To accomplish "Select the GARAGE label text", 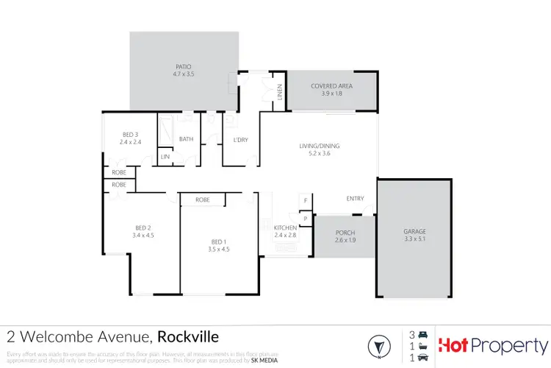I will click(414, 231).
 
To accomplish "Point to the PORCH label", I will click(345, 232).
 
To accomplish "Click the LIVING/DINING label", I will click(319, 146).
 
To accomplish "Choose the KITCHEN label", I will click(284, 228).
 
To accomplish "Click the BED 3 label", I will click(130, 134).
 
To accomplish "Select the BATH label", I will click(186, 138).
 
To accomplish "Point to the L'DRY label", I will click(240, 139).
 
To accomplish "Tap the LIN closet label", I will click(165, 157).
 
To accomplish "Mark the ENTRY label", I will click(356, 199).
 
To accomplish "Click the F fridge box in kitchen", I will click(305, 200).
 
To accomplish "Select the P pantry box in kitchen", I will click(305, 218).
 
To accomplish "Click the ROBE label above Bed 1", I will click(202, 199).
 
